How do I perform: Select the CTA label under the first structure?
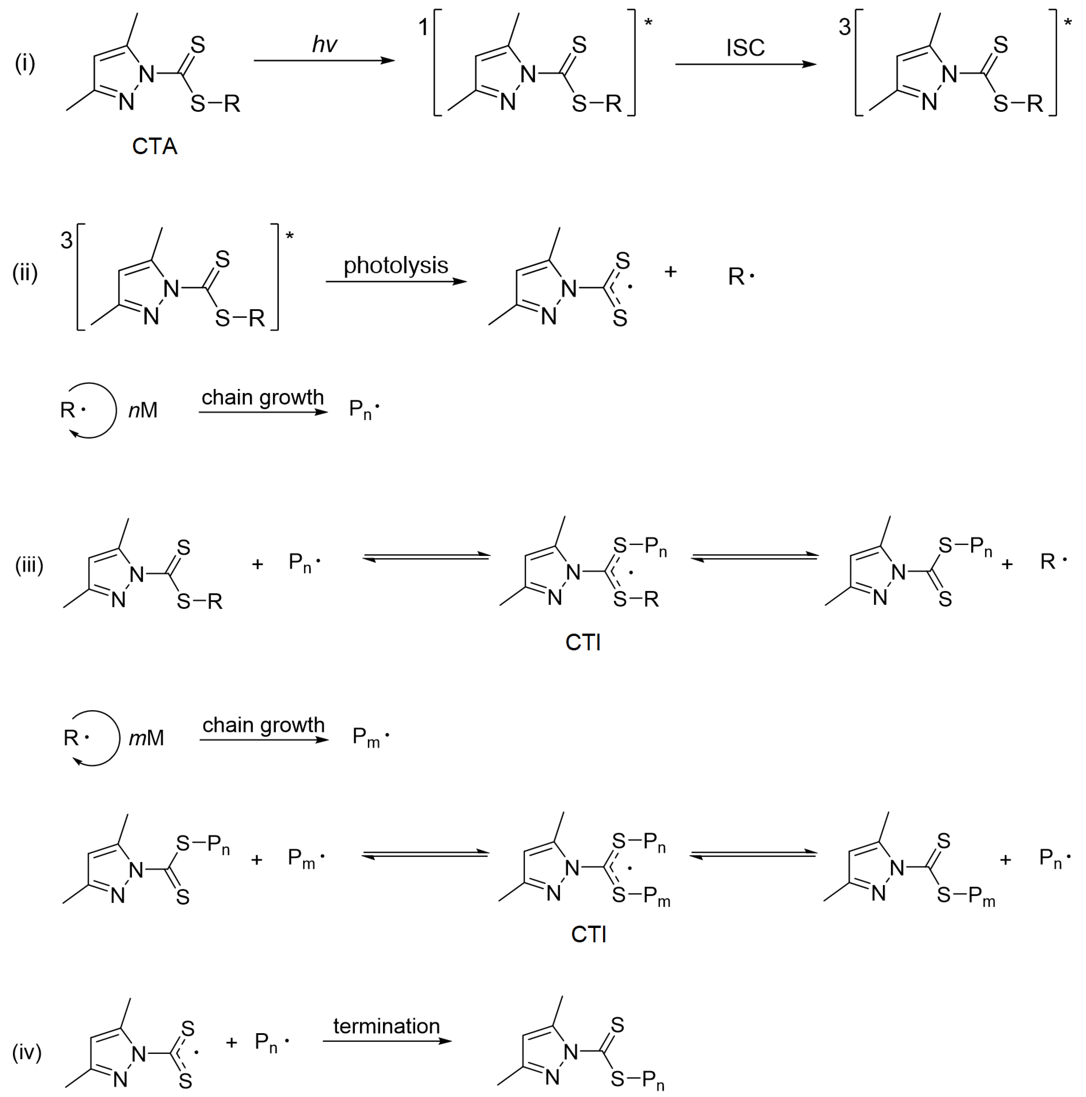pyautogui.click(x=154, y=147)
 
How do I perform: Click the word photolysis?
pyautogui.click(x=395, y=265)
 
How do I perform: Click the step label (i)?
pyautogui.click(x=25, y=63)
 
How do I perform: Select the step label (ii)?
pyautogui.click(x=25, y=273)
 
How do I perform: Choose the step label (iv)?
pyautogui.click(x=27, y=1052)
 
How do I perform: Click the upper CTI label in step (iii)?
pyautogui.click(x=583, y=642)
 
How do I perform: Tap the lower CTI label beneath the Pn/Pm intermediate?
pyautogui.click(x=589, y=934)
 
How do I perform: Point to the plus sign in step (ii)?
pyautogui.click(x=671, y=272)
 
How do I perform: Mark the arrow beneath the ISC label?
pyautogui.click(x=745, y=64)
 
